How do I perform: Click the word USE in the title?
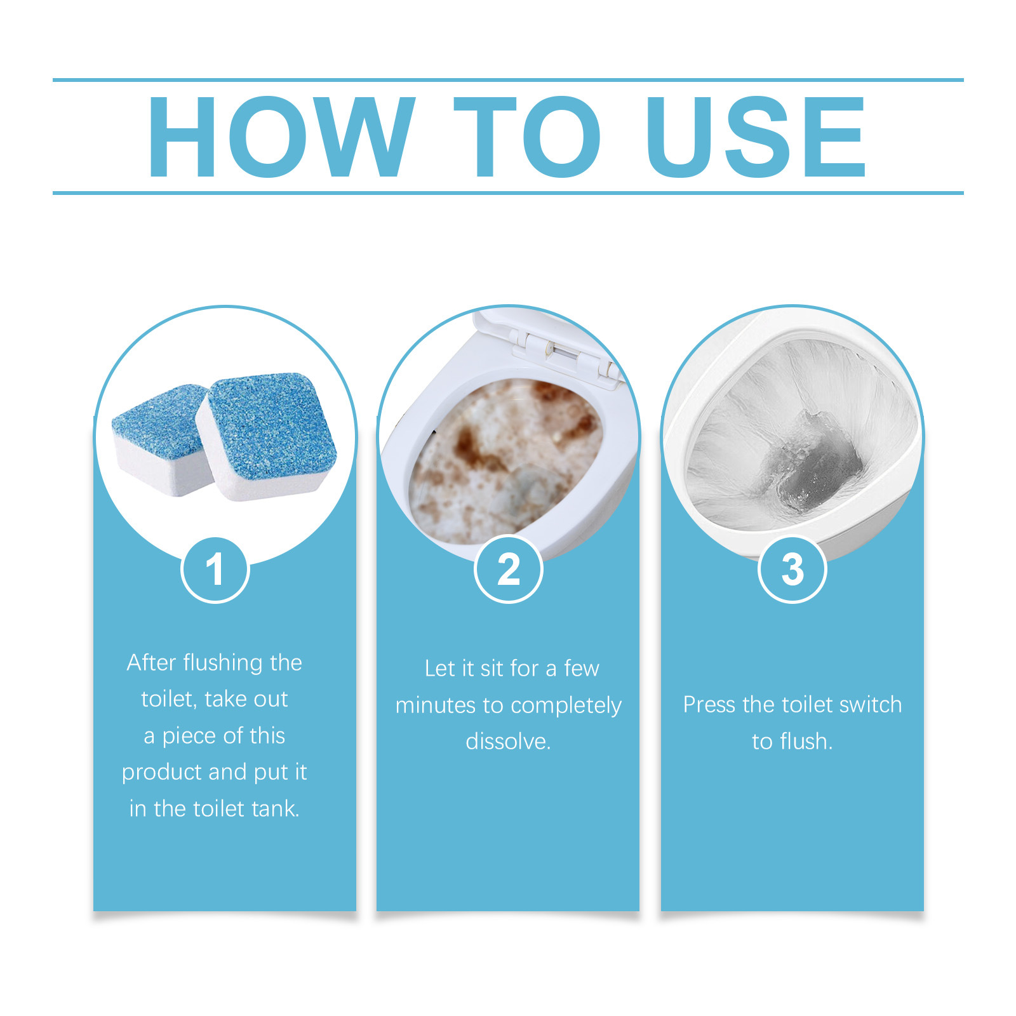pos(756,137)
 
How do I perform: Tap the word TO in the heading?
pos(527,137)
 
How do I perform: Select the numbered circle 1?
pos(215,570)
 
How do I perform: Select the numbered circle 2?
pos(508,570)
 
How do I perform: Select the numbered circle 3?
pos(792,570)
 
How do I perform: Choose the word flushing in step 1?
pos(223,663)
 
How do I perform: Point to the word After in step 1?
pos(151,663)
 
